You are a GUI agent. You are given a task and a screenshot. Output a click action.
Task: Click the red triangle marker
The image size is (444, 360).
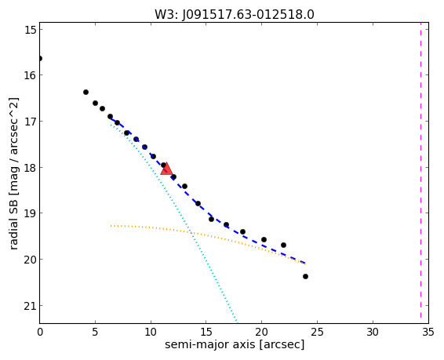click(166, 169)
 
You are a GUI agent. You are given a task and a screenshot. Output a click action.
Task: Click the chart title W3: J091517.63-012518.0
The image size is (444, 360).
click(235, 14)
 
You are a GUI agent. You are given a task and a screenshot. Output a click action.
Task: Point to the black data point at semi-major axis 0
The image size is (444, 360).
click(40, 59)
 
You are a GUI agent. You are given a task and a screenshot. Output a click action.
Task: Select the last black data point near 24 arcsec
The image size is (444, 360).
click(305, 276)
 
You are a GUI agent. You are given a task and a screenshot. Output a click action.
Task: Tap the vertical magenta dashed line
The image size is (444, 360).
click(420, 173)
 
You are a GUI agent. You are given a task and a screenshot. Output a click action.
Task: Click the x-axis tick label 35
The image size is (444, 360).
click(428, 332)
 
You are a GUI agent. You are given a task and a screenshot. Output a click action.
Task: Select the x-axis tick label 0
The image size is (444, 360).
click(40, 332)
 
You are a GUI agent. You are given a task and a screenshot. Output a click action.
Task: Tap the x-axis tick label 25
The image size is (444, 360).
click(317, 332)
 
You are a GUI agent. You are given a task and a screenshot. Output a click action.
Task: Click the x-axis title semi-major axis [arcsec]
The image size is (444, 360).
click(235, 345)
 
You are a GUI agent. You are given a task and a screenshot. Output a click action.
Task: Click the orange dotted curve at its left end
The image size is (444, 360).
click(111, 226)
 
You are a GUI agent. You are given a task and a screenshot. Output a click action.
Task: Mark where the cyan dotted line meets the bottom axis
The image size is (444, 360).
click(237, 323)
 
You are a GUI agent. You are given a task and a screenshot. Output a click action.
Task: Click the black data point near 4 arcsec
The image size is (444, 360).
click(86, 92)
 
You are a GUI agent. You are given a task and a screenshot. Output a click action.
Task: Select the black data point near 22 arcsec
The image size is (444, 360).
click(283, 245)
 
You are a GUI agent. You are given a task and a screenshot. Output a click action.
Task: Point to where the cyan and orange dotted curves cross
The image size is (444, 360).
click(191, 233)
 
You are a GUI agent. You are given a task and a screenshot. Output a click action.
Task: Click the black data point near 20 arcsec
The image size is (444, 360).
click(264, 240)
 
